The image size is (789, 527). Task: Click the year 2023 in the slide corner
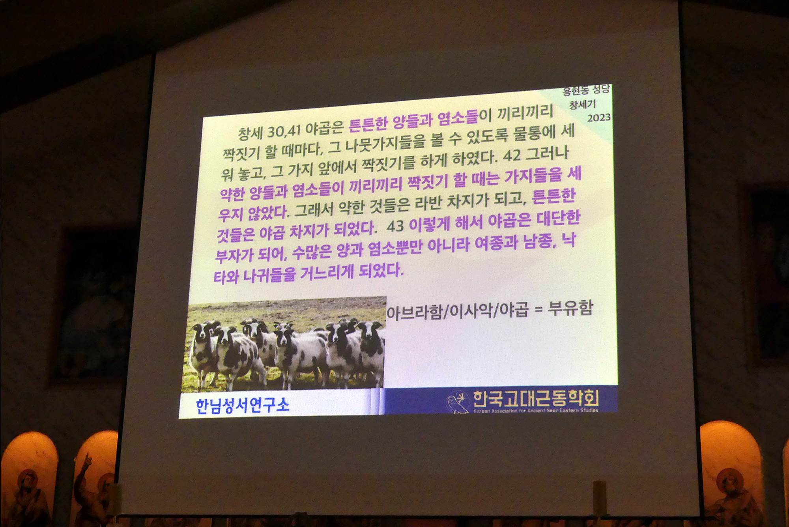click(599, 118)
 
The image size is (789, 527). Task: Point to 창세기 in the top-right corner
click(582, 105)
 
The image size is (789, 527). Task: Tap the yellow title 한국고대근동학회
click(536, 399)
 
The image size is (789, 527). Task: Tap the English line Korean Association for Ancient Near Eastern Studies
click(536, 411)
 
